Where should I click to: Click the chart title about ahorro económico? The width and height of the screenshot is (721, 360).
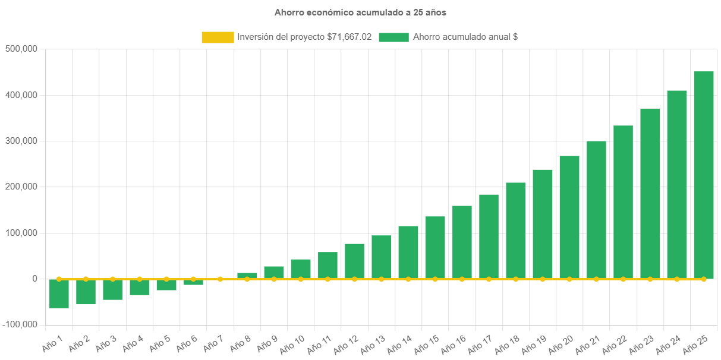360,12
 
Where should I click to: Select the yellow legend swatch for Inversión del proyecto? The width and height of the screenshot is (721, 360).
218,37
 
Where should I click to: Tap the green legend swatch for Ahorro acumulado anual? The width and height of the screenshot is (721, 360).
393,37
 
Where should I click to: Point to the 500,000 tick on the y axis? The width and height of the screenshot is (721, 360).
21,49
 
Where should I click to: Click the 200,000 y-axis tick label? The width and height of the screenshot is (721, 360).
21,187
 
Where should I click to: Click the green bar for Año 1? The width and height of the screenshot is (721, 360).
59,294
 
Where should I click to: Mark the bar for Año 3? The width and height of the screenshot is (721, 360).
112,290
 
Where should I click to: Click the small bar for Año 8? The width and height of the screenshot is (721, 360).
247,276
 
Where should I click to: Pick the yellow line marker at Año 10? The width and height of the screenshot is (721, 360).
301,279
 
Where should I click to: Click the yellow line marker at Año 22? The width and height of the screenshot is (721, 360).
623,279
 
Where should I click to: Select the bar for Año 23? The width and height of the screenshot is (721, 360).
650,190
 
